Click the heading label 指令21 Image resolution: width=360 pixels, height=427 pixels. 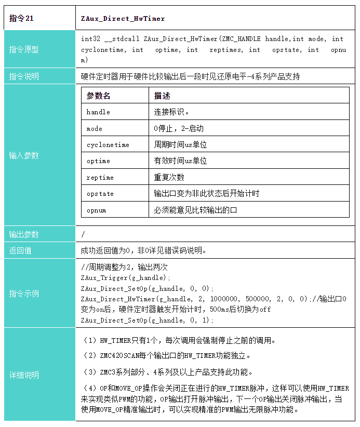pos(21,18)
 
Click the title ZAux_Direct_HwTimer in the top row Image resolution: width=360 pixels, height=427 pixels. pos(123,18)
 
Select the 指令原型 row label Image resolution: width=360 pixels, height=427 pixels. pos(24,49)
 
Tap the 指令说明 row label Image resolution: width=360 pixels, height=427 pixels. pos(24,76)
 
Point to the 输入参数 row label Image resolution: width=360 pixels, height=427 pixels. pos(24,155)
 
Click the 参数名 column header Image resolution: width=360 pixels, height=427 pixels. pos(98,96)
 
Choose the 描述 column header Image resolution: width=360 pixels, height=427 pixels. pos(162,96)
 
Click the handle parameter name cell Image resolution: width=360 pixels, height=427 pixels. pos(98,112)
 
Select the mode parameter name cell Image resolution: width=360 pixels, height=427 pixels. pos(95,128)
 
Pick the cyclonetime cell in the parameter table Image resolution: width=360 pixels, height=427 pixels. pos(108,145)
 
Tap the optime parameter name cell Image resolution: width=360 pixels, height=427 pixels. pos(98,161)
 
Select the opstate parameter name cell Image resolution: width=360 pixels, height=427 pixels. pos(100,194)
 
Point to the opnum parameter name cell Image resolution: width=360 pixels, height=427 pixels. pos(97,210)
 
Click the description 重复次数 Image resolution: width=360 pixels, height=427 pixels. pos(169,177)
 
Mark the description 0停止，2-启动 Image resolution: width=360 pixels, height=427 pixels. pos(179,128)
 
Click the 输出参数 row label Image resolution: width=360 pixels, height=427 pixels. pos(24,234)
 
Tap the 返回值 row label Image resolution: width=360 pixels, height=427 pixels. pos(20,250)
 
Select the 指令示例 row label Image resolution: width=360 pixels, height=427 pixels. pos(24,293)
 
